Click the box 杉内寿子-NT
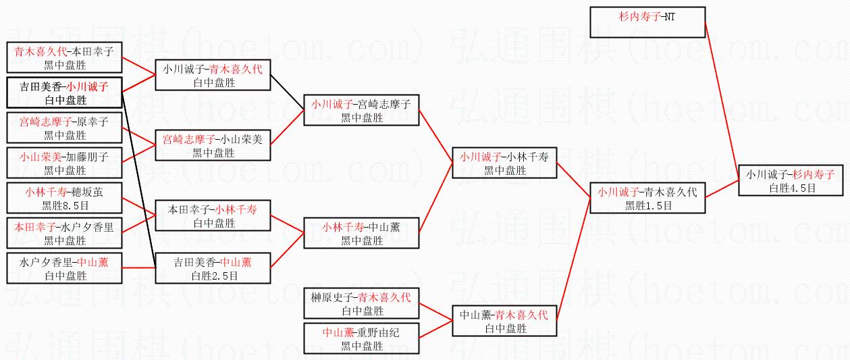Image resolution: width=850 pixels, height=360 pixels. tap(647, 22)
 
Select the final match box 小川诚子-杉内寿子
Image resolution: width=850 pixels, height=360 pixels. tap(791, 180)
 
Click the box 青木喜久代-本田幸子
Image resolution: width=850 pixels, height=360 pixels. tap(65, 57)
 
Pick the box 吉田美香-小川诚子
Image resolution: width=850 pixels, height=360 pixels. tap(64, 93)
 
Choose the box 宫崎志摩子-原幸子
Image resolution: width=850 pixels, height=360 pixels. tap(65, 128)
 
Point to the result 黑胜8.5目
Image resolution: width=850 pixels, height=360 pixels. tap(65, 205)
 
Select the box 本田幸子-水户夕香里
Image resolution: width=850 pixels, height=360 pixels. tap(65, 234)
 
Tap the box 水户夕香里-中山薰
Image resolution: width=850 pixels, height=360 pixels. tap(65, 269)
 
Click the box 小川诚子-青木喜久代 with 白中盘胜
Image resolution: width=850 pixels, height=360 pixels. tap(213, 75)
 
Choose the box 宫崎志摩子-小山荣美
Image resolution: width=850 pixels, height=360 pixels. tap(213, 146)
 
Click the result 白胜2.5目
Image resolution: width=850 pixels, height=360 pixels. tap(213, 276)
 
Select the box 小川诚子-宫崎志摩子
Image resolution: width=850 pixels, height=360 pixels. tap(361, 110)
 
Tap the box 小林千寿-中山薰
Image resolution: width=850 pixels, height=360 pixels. tap(361, 234)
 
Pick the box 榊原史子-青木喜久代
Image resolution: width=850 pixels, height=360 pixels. tap(361, 304)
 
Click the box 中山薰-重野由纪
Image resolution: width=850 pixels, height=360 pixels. tap(361, 339)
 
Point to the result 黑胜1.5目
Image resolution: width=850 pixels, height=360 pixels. tap(647, 205)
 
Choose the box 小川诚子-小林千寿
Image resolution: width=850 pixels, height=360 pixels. tap(504, 163)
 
